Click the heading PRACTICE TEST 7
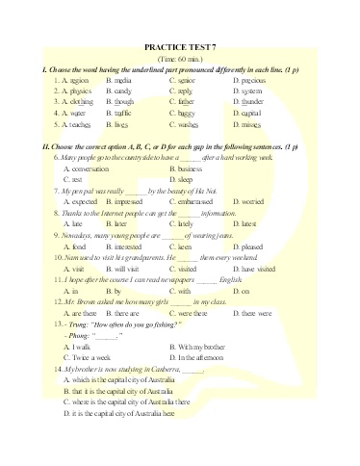click(x=179, y=46)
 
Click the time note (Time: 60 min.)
click(x=180, y=60)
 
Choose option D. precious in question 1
click(x=249, y=81)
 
